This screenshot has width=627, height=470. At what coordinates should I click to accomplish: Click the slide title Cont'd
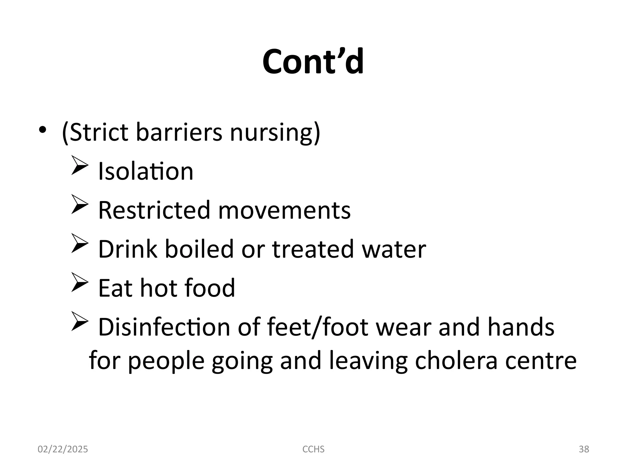click(313, 62)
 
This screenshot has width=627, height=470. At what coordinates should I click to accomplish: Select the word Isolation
click(146, 171)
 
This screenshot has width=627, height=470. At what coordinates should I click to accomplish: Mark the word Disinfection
click(164, 327)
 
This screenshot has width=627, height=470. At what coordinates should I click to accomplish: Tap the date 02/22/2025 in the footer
click(63, 449)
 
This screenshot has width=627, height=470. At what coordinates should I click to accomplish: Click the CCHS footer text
click(313, 449)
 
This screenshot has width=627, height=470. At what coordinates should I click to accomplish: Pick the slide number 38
click(584, 449)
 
